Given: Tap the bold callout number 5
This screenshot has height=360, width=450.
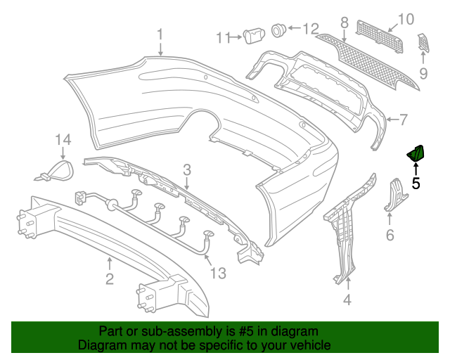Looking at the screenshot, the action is [x=416, y=183].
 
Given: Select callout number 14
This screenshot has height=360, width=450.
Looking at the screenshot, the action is [x=63, y=140].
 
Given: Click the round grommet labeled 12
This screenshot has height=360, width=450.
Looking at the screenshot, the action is [x=278, y=30].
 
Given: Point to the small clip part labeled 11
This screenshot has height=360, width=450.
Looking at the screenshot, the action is [x=254, y=36].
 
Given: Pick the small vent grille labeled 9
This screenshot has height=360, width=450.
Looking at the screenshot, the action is [x=423, y=43].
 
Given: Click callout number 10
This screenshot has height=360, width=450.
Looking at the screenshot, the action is [x=406, y=19].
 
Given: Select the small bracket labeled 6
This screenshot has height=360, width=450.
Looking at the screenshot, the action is [x=396, y=195].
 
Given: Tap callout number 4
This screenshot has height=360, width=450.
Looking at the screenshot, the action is [x=347, y=300].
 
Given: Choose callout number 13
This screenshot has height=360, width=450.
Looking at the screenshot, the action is [x=218, y=273].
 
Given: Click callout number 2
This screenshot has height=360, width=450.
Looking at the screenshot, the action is [x=110, y=278].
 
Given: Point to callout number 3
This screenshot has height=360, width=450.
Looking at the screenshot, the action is [x=187, y=170].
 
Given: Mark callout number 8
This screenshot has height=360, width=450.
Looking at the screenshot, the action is [x=344, y=22].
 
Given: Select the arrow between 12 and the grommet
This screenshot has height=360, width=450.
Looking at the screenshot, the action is [x=294, y=28].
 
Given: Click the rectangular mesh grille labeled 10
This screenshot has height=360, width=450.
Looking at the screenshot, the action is [x=380, y=36].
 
